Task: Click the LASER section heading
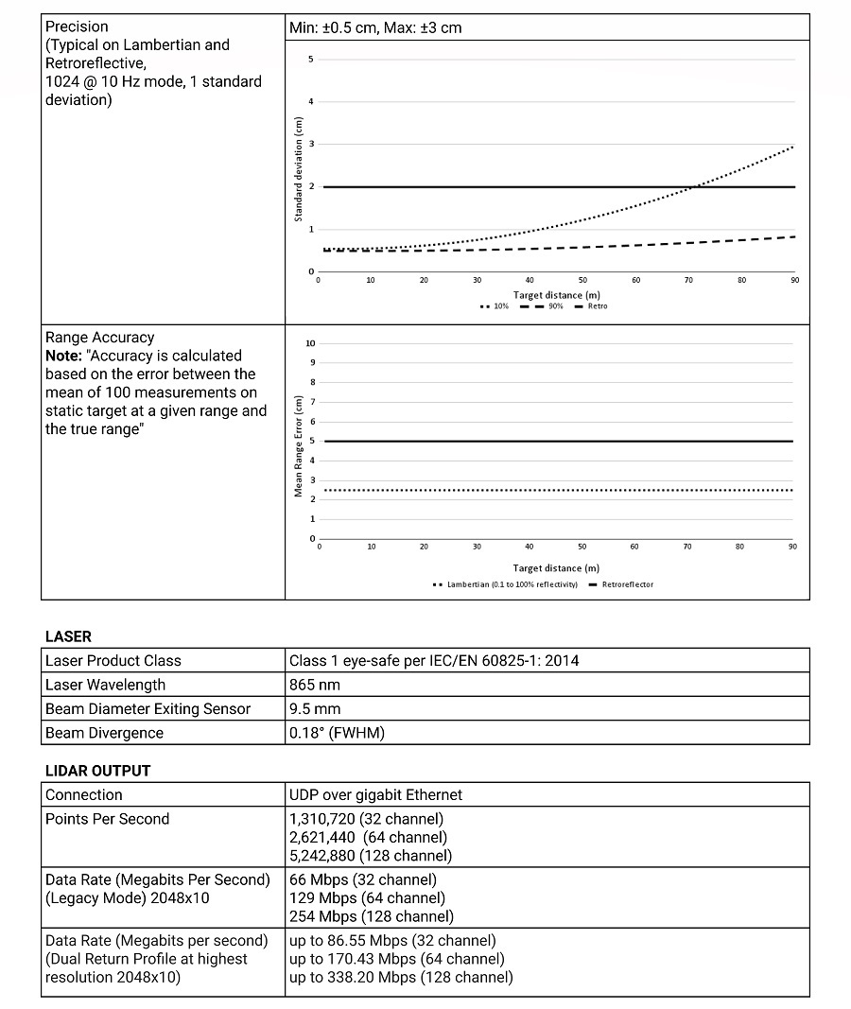[69, 636]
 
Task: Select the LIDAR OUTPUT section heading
[98, 771]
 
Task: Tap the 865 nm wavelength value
[315, 685]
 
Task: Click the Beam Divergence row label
[104, 733]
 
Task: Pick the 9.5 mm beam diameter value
[315, 709]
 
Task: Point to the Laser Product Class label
[113, 660]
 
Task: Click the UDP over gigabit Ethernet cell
[376, 795]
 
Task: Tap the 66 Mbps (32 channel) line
[366, 879]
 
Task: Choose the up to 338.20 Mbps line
[401, 977]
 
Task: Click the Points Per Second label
[107, 819]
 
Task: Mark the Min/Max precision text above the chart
[375, 27]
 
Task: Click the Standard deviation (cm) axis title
[298, 169]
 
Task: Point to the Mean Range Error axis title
[298, 444]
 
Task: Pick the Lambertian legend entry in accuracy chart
[506, 584]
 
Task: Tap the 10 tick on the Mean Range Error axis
[310, 343]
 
